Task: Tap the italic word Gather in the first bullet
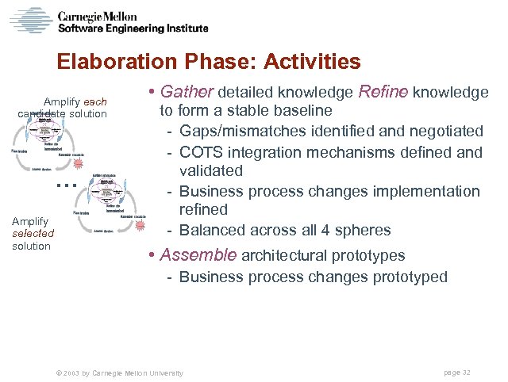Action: click(x=187, y=93)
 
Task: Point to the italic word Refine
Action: click(x=384, y=93)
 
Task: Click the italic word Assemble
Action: click(x=198, y=255)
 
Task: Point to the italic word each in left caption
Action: click(x=94, y=102)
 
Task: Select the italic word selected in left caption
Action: click(x=33, y=234)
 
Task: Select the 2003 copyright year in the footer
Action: click(x=68, y=372)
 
